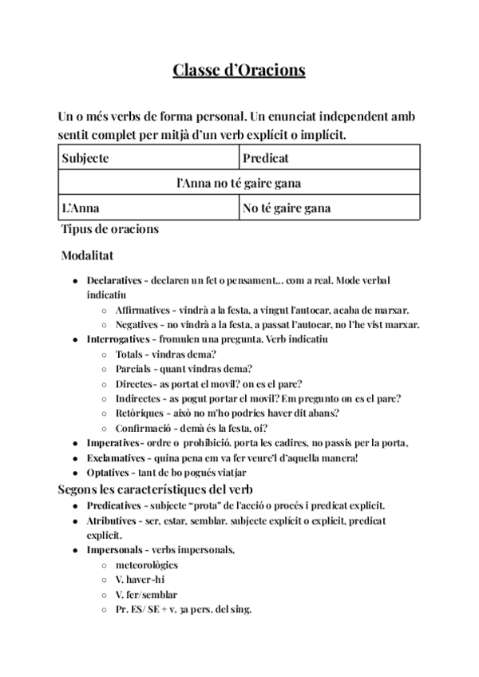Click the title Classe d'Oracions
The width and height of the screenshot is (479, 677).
point(239,70)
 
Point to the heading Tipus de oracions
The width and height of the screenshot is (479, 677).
point(110,230)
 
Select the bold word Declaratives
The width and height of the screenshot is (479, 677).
point(114,282)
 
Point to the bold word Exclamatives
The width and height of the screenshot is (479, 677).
point(117,457)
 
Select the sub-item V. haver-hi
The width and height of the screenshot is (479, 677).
point(141,580)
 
